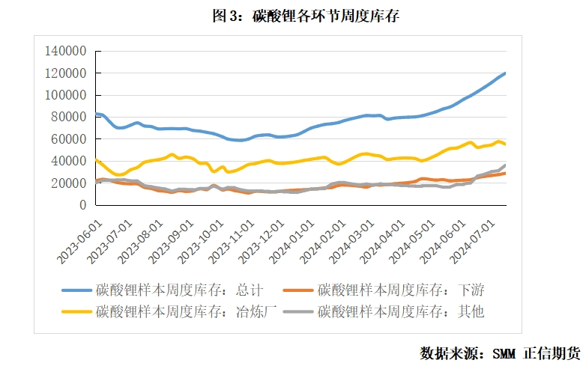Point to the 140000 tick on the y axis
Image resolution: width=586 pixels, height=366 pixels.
pyautogui.click(x=66, y=51)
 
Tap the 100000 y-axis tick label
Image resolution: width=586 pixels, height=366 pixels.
pyautogui.click(x=66, y=95)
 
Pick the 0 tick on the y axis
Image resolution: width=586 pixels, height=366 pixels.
pyautogui.click(x=84, y=205)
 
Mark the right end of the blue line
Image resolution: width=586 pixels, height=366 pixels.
pyautogui.click(x=505, y=73)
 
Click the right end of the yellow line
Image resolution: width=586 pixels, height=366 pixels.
pyautogui.click(x=505, y=144)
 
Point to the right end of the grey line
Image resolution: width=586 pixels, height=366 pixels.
pyautogui.click(x=505, y=165)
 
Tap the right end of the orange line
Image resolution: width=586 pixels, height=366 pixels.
pyautogui.click(x=505, y=173)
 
